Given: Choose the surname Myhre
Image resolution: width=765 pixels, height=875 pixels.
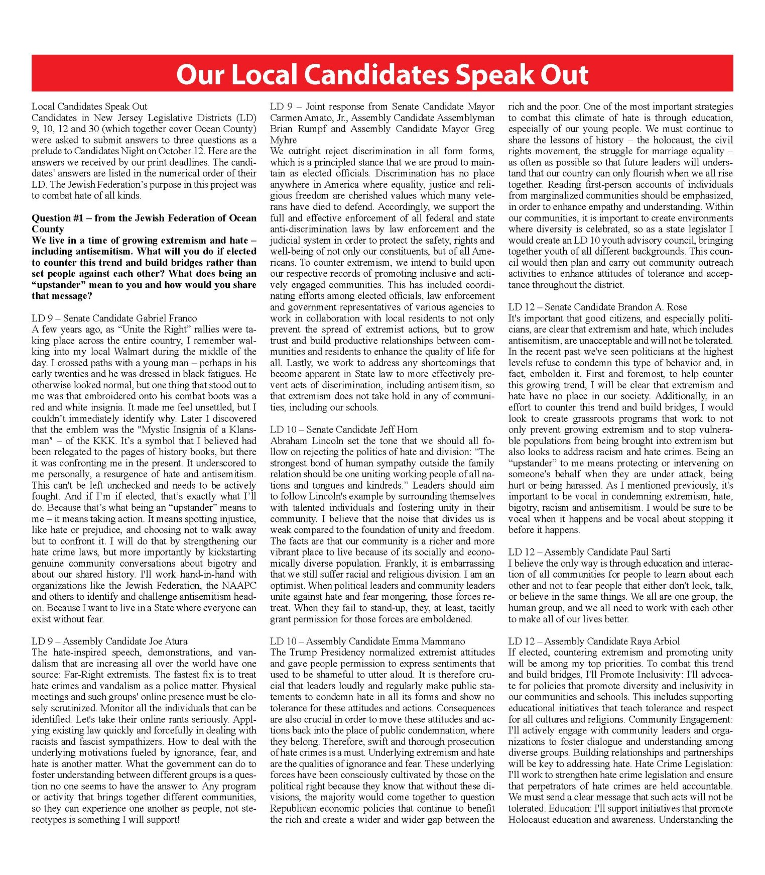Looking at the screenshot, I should click(x=283, y=140).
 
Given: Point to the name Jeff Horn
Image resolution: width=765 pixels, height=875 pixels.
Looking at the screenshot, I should click(x=398, y=429).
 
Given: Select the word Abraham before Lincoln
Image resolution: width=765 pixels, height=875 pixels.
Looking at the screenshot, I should click(x=289, y=441).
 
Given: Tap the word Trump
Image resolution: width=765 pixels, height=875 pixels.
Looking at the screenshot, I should click(x=303, y=652).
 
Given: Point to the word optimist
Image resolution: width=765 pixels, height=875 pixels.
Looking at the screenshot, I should click(x=287, y=586).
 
